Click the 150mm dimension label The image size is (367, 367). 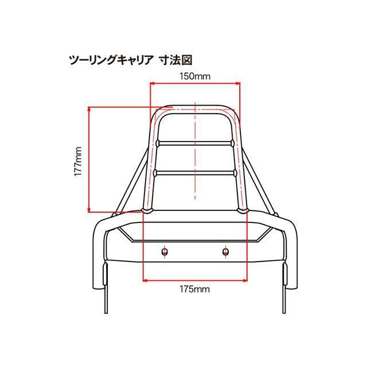(195, 76)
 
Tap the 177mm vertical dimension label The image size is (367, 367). (78, 162)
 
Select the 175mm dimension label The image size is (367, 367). (195, 289)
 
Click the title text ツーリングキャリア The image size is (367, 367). (111, 60)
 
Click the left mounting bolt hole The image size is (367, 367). (165, 252)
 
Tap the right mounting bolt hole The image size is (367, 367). (225, 252)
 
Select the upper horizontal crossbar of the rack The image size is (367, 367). (195, 143)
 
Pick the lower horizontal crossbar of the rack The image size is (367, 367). (195, 173)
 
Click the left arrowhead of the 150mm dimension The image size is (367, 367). (152, 83)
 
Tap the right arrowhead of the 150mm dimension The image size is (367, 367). (238, 83)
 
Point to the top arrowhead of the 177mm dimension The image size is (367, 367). (89, 109)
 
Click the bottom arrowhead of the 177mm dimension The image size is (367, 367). (89, 210)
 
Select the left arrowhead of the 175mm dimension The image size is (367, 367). (145, 280)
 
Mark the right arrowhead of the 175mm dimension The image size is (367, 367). (245, 280)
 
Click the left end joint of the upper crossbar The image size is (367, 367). (158, 143)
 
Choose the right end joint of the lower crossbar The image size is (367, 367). (235, 173)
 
